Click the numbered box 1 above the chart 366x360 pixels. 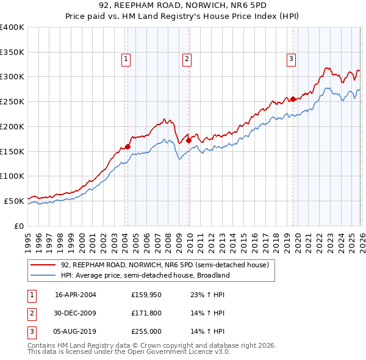(x=126, y=59)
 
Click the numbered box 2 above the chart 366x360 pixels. (x=186, y=59)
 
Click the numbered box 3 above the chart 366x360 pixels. (x=291, y=59)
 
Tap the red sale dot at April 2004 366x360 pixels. (x=128, y=146)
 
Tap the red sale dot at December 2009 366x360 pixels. (x=189, y=140)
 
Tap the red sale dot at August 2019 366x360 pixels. (x=293, y=99)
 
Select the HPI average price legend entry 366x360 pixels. (x=145, y=275)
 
